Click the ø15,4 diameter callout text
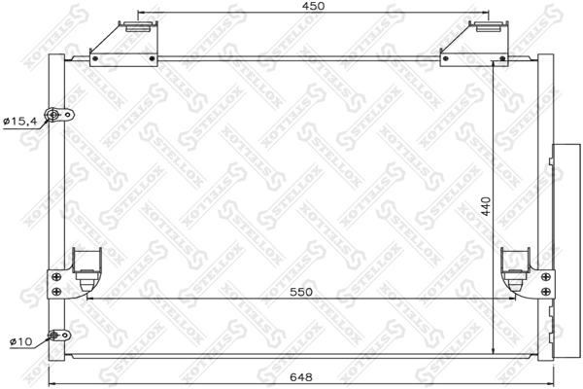pyautogui.click(x=18, y=122)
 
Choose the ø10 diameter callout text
pyautogui.click(x=20, y=341)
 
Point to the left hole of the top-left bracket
pyautogui.click(x=95, y=60)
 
